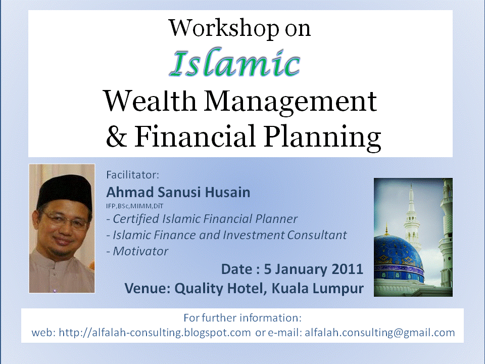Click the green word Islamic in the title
coord(235,64)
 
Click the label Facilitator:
coord(132,175)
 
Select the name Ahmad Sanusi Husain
coord(178,193)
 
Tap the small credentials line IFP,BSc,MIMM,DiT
coord(134,206)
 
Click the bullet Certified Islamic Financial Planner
coord(202,219)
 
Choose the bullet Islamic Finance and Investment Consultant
coord(226,235)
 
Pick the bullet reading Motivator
coord(137,251)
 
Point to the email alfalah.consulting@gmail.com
coord(380,333)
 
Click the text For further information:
coord(243,318)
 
